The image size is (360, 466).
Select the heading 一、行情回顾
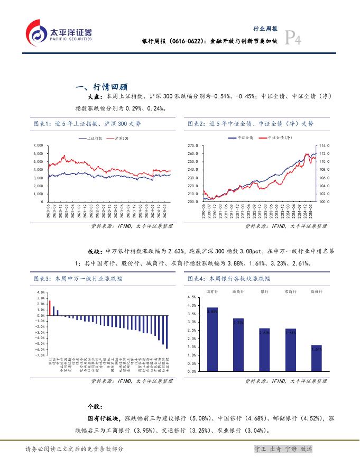coord(103,87)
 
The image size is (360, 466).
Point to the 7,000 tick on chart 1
coord(38,145)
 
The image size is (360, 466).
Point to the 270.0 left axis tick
coord(193,145)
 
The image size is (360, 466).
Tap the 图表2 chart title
coord(250,123)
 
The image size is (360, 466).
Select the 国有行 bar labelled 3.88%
coord(213,339)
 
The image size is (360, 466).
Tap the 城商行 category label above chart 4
coord(238,291)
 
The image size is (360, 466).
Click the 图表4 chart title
coord(229,278)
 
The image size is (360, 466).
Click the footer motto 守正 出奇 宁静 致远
coord(283,449)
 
